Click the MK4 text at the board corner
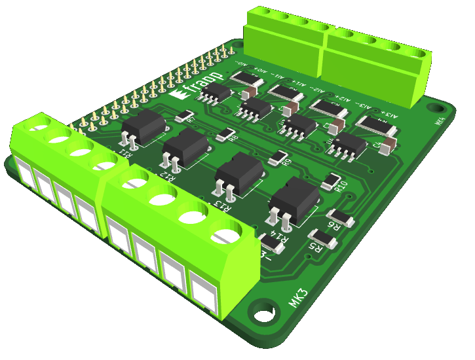click(440, 121)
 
